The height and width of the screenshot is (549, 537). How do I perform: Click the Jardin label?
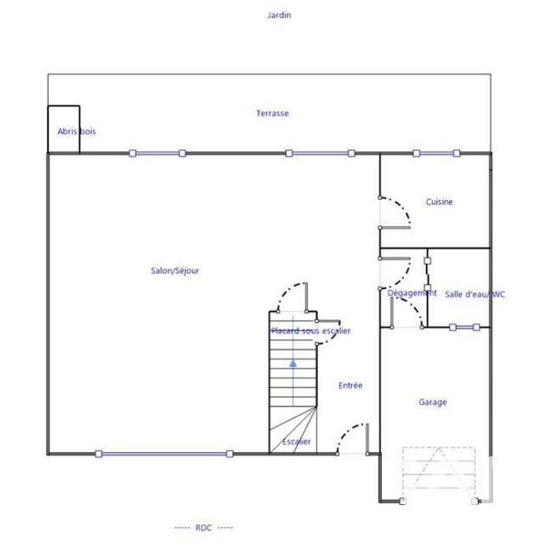pos(280,15)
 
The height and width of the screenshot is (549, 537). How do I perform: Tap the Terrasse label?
pos(272,113)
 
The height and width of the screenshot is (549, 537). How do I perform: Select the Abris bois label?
pos(76,132)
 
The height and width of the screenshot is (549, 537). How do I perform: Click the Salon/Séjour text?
pos(175,271)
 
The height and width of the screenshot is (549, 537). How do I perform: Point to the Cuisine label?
pos(439,202)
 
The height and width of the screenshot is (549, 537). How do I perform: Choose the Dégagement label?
pos(412,293)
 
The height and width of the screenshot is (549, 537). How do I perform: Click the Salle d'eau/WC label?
pos(475,295)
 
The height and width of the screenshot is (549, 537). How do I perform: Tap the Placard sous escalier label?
pos(311,332)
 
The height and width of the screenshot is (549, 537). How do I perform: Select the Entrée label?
pos(350,386)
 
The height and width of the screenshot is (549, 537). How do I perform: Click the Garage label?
pos(432,402)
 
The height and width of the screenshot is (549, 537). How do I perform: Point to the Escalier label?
pos(296,442)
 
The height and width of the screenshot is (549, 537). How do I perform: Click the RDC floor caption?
pos(203,528)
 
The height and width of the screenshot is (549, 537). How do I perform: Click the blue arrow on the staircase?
pos(293,364)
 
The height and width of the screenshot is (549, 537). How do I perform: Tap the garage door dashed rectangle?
pos(439,473)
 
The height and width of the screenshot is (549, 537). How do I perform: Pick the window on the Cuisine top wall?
pos(435,153)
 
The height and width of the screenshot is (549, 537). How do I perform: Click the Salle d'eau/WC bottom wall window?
pos(464,327)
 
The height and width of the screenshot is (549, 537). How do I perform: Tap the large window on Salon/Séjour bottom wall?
pos(164,454)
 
